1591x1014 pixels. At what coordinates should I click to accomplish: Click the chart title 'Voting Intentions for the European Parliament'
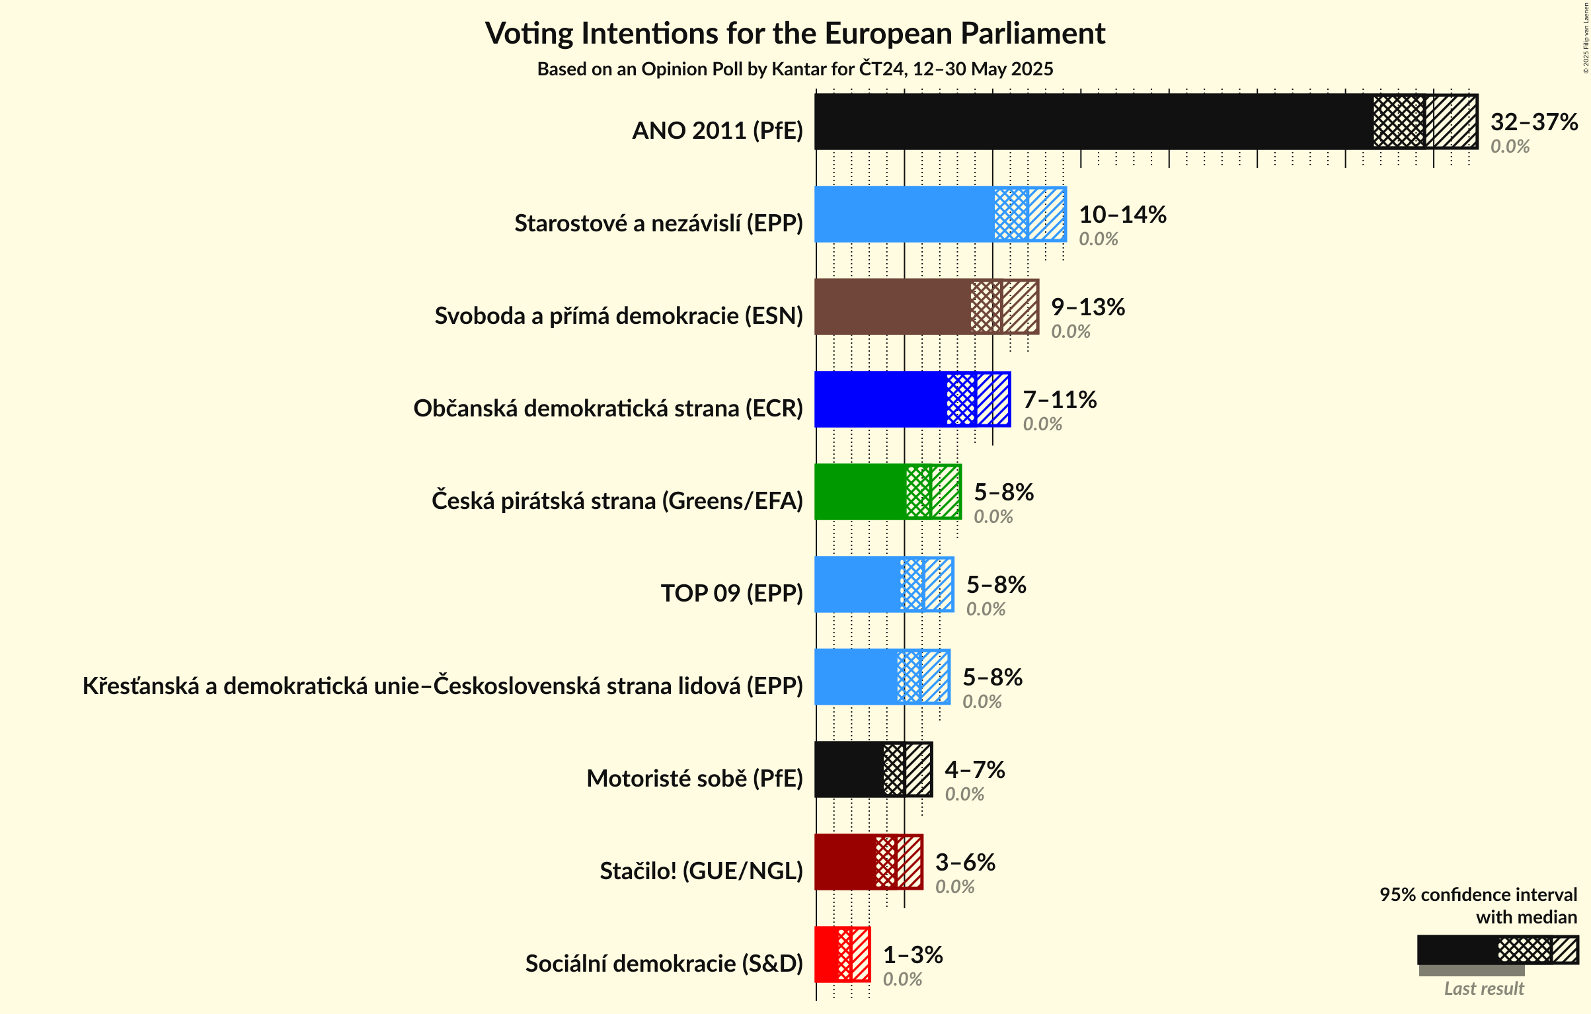[795, 33]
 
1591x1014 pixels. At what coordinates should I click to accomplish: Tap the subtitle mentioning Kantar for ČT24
[795, 69]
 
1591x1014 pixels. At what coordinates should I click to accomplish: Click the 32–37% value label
[1533, 122]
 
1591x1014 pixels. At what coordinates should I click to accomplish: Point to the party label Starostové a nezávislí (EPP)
[658, 223]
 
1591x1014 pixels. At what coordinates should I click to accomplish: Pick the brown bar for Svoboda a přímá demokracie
[892, 307]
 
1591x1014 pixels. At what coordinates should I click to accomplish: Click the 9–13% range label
[1087, 307]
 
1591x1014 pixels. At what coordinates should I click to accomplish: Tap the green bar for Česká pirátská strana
[860, 492]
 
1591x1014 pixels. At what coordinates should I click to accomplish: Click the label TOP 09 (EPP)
[732, 594]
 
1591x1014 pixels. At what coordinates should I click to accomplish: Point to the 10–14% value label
[1122, 214]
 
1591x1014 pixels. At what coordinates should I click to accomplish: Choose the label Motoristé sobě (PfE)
[694, 779]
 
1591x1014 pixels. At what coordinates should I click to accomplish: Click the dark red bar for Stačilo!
[845, 862]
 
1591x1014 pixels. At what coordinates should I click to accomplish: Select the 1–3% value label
[912, 955]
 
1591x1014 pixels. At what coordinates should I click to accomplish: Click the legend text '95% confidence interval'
[1477, 894]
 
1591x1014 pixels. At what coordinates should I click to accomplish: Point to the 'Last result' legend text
[1483, 988]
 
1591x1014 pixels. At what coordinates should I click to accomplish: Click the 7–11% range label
[1059, 399]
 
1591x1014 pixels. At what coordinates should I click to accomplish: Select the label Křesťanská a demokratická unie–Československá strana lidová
[442, 686]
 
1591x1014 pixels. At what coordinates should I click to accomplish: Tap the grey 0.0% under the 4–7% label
[964, 794]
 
